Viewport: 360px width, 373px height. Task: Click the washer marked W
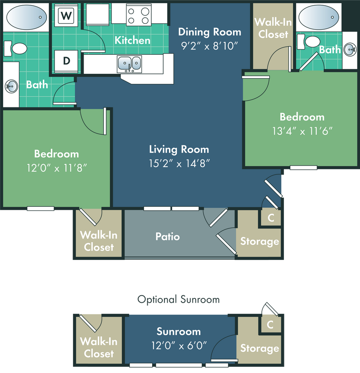66,16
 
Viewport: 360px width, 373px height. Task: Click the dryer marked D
66,61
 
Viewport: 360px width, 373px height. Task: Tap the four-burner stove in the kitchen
138,16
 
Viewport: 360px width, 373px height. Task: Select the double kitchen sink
130,64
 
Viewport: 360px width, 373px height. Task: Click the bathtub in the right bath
319,18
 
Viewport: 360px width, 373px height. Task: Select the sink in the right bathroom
349,49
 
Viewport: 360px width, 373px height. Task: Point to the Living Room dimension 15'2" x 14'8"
179,163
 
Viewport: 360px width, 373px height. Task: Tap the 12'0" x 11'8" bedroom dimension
56,168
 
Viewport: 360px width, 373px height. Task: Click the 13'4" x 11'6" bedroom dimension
302,131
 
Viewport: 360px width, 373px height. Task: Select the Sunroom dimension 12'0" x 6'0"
179,345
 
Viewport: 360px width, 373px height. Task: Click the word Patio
168,236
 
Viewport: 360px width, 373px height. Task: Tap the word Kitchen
132,40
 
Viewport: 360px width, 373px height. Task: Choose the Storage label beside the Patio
260,241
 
